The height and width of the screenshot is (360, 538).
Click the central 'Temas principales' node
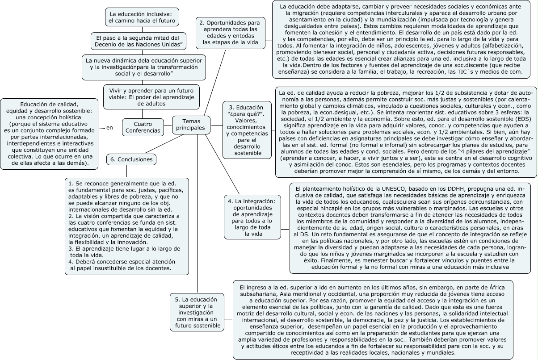(191, 125)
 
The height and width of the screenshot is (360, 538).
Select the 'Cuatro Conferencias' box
(143, 127)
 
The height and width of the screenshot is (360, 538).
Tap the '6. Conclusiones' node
(131, 159)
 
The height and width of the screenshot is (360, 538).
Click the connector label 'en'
(110, 128)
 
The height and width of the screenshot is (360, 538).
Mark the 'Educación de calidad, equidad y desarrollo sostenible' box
(49, 133)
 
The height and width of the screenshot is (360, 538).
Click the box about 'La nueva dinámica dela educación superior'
(144, 67)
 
